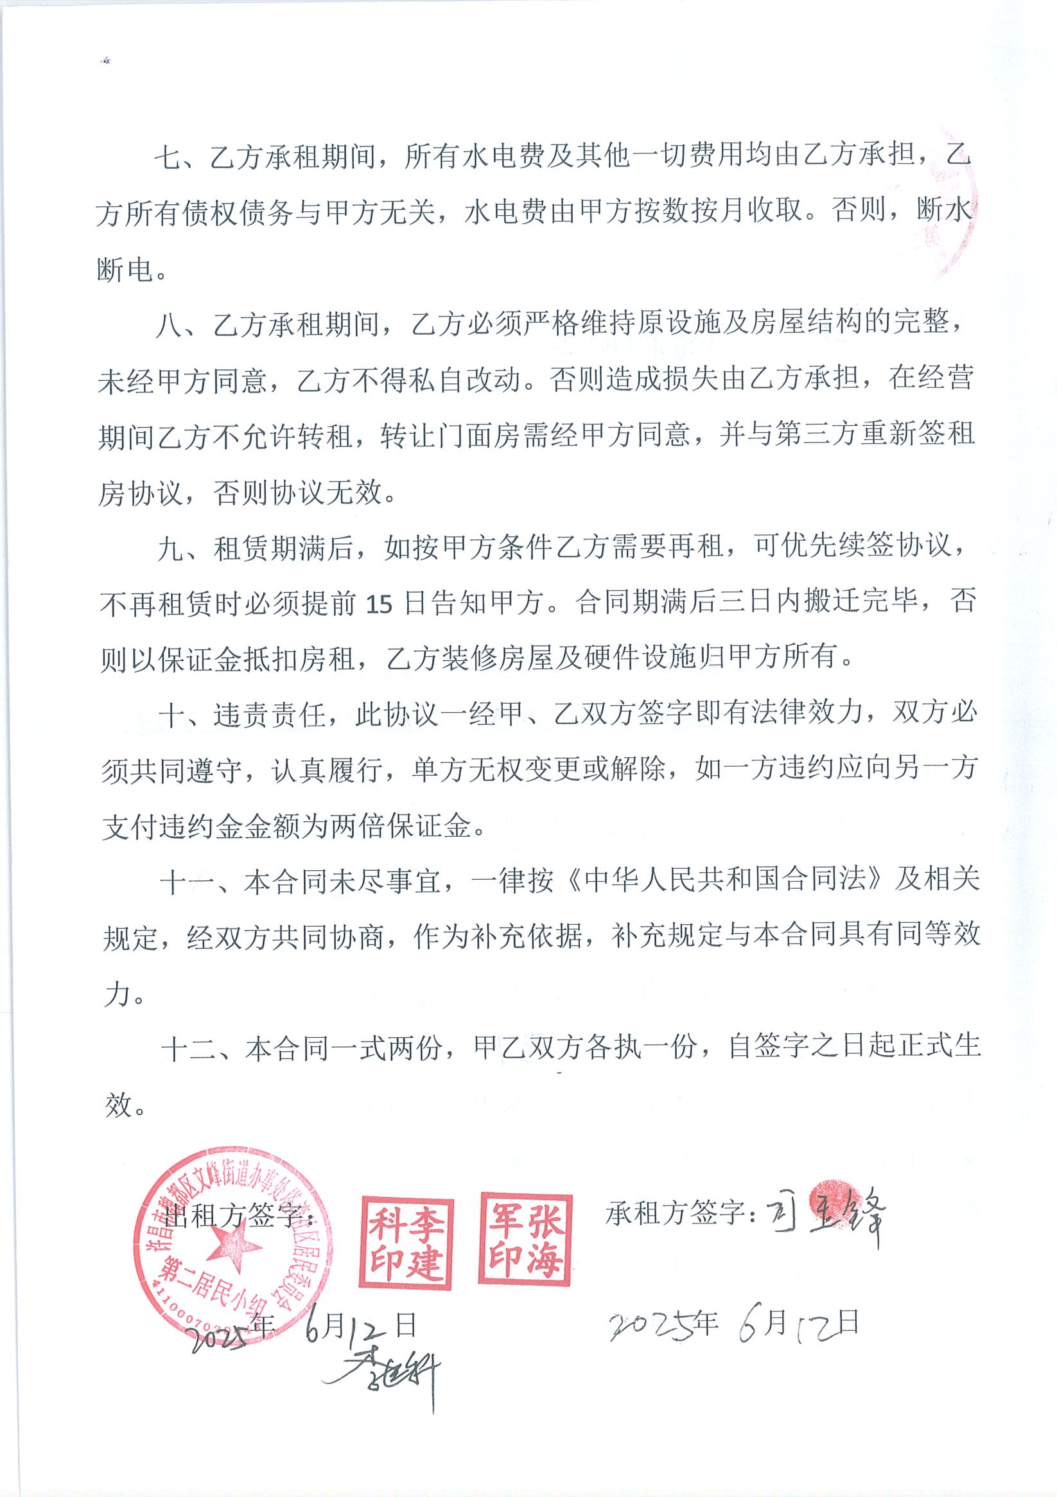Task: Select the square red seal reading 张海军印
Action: click(525, 1239)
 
